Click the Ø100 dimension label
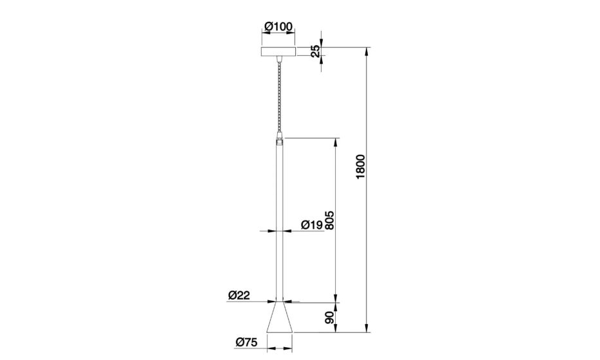(x=278, y=26)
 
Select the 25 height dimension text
(x=315, y=51)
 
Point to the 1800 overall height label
(x=361, y=166)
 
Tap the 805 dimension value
(x=329, y=221)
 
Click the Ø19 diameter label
(x=312, y=225)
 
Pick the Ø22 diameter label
(x=239, y=295)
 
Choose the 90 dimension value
(x=329, y=318)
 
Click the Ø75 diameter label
(x=247, y=342)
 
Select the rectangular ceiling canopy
(x=278, y=51)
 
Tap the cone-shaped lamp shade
(x=279, y=317)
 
